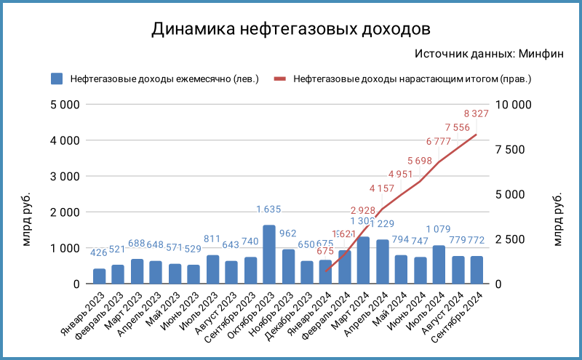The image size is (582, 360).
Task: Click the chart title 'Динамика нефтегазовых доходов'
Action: [x=291, y=29]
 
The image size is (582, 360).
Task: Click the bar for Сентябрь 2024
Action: [x=477, y=270]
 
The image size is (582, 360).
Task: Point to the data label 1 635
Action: [x=269, y=210]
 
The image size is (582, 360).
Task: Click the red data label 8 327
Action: [x=477, y=113]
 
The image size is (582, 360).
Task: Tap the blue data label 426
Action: [x=99, y=253]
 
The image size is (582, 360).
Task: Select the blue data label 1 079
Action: [x=439, y=231]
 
